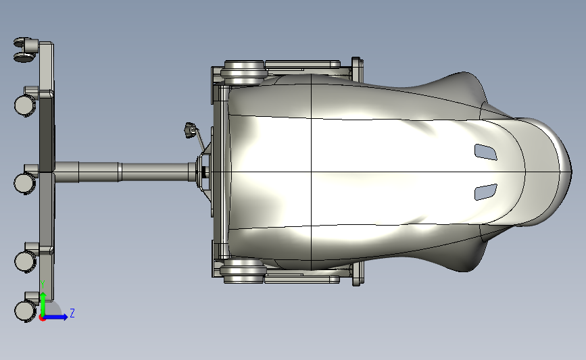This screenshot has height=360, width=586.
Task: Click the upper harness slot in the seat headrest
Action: tap(486, 152)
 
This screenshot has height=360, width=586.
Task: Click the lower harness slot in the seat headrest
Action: tap(485, 192)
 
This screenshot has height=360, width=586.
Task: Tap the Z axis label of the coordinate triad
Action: tap(72, 313)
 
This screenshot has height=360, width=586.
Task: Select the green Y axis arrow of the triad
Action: tap(43, 301)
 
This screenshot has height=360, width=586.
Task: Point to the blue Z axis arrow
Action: tap(58, 317)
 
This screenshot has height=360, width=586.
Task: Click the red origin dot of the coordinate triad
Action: tap(42, 317)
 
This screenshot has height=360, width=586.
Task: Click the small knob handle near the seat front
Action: tap(190, 130)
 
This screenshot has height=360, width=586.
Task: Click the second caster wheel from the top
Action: tap(24, 105)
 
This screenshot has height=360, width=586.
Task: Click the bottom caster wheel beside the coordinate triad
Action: tap(24, 310)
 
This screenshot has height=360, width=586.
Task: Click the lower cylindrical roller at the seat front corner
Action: tap(241, 272)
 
